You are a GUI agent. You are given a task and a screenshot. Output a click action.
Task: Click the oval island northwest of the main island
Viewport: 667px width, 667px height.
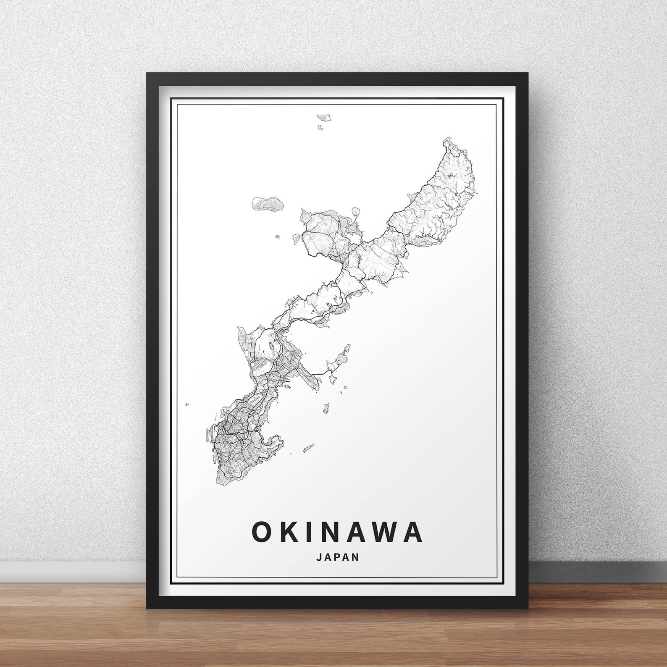[267, 204]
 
